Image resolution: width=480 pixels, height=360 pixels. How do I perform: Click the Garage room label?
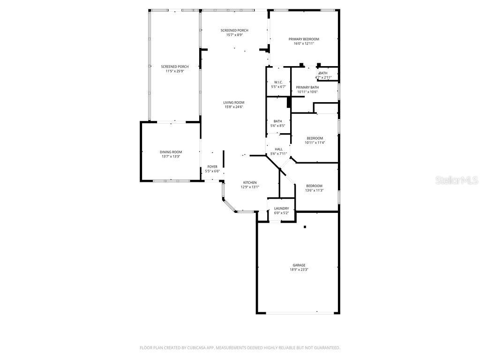tap(299, 265)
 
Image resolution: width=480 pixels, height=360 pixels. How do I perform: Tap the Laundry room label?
tap(281, 209)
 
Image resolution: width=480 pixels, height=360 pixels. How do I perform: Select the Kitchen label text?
tap(249, 182)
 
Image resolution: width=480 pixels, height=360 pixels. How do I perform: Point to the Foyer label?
tap(212, 166)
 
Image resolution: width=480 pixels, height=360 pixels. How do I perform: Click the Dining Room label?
tap(171, 152)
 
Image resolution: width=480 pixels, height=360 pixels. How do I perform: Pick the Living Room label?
tap(233, 102)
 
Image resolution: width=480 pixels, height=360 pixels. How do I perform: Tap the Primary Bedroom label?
tap(303, 39)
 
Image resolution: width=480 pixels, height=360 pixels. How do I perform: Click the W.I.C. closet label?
tap(278, 82)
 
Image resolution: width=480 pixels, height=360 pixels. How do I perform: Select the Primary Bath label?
tap(307, 87)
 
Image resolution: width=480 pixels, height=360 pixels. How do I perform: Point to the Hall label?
tap(278, 149)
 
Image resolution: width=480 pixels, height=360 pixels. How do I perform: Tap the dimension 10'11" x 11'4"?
tap(315, 142)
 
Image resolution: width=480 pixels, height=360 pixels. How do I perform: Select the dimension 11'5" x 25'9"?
tap(174, 71)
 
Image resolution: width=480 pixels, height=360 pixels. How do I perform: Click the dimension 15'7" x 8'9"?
tap(234, 35)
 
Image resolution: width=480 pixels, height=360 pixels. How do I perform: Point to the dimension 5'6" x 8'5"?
tap(278, 126)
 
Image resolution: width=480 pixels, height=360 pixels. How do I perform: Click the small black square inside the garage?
tap(305, 227)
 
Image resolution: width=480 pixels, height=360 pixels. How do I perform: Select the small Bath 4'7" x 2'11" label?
tap(323, 75)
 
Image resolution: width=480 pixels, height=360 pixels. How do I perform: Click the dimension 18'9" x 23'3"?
tap(299, 270)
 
